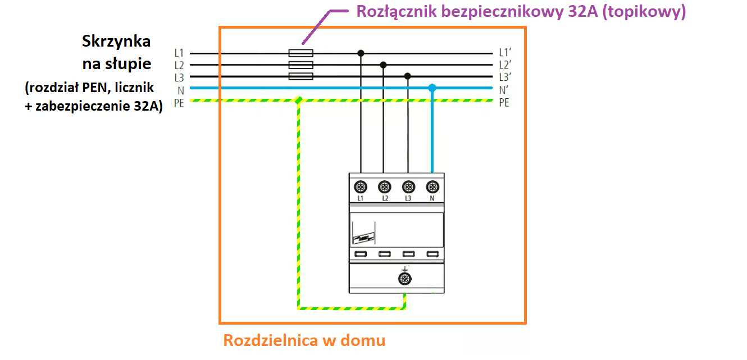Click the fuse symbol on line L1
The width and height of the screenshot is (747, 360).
[x=300, y=53]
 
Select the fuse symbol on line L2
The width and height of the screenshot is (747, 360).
[x=300, y=65]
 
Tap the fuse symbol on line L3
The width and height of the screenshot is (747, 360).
[x=300, y=76]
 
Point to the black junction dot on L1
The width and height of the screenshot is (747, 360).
[x=361, y=53]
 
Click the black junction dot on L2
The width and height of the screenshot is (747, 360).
[x=383, y=65]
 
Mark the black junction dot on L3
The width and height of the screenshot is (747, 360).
[x=407, y=76]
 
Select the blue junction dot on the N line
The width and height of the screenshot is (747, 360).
[x=432, y=88]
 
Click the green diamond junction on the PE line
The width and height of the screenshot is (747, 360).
[x=298, y=100]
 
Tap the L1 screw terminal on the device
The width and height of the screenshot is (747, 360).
[x=361, y=186]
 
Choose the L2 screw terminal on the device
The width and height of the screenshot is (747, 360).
[x=385, y=186]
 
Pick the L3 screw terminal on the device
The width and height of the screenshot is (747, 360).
[x=408, y=186]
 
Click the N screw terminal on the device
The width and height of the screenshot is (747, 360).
[x=432, y=186]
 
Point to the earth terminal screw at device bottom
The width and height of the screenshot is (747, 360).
[x=405, y=279]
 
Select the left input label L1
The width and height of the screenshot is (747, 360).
[x=179, y=53]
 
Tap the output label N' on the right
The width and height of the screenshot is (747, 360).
[x=504, y=90]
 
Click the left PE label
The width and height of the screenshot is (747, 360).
[x=179, y=103]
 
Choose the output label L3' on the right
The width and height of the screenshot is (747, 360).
[x=505, y=77]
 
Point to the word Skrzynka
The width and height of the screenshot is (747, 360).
[x=116, y=42]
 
